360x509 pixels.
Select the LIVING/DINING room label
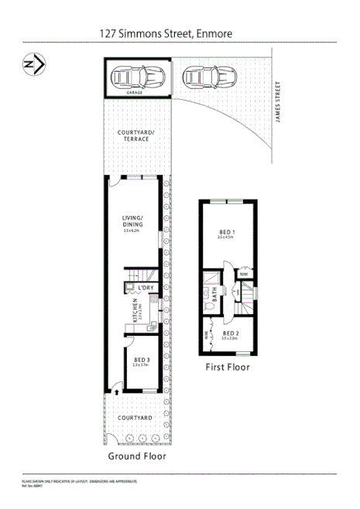pos(135,221)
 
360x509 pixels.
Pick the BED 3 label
pos(141,360)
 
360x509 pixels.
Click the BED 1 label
pos(226,232)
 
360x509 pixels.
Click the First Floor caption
pos(227,367)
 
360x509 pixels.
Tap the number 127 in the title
pos(109,33)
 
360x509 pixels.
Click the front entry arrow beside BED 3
pos(116,391)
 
